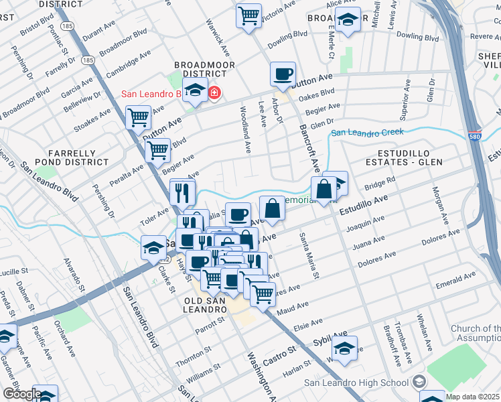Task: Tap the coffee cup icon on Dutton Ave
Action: (283, 74)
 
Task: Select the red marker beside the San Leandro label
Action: (214, 92)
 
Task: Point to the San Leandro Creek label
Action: (368, 133)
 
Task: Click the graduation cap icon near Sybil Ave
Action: (344, 350)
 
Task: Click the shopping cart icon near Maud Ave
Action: (263, 292)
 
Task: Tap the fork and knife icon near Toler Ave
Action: (182, 193)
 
